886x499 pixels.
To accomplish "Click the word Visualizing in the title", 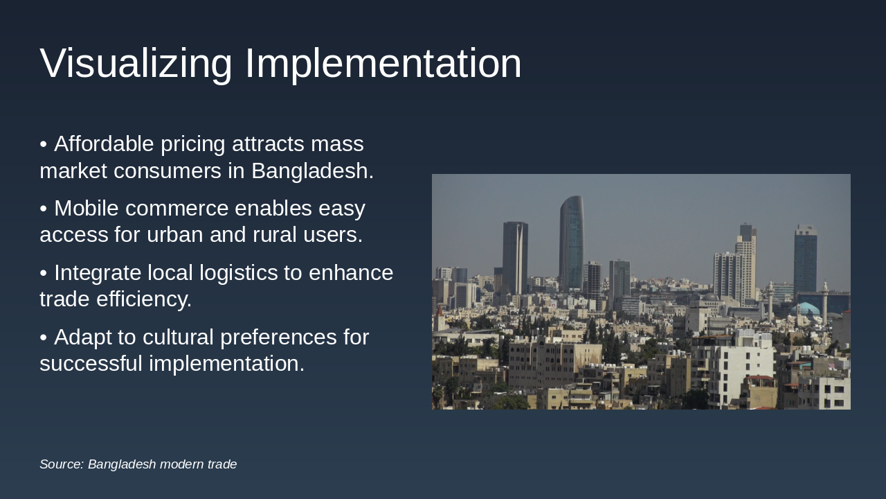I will (136, 64).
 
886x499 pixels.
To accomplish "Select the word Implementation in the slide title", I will (383, 64).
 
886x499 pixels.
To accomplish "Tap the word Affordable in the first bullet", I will (104, 144).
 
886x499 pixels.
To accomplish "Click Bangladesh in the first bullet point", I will (312, 170).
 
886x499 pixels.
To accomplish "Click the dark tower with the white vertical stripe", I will (516, 256).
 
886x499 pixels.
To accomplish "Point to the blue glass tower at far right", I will (806, 260).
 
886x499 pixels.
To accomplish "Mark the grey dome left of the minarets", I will (711, 298).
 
